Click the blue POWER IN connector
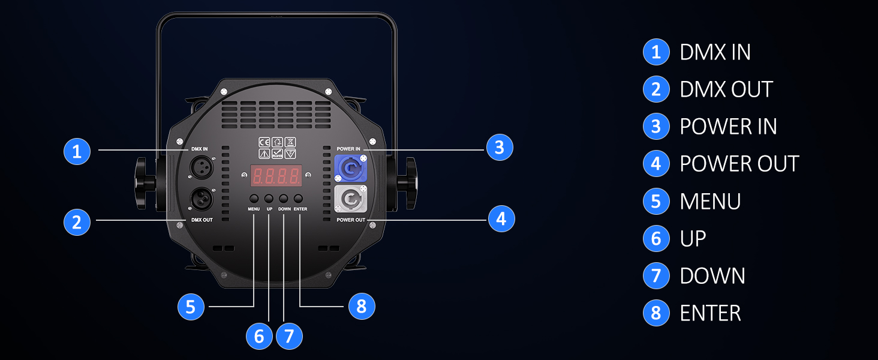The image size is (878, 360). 350,168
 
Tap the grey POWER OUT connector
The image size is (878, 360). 350,199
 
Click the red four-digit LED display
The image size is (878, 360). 276,175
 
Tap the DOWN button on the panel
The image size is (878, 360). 284,199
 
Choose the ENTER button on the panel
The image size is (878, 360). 298,199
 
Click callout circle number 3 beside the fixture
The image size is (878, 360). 500,148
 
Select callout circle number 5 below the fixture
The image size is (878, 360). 191,307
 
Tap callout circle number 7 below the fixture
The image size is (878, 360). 289,336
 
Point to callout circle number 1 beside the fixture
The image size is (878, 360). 77,151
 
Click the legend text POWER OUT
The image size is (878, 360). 739,164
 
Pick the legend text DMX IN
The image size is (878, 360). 715,52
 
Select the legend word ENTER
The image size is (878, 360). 710,313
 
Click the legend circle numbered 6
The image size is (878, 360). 656,238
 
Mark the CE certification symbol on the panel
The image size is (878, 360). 264,142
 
